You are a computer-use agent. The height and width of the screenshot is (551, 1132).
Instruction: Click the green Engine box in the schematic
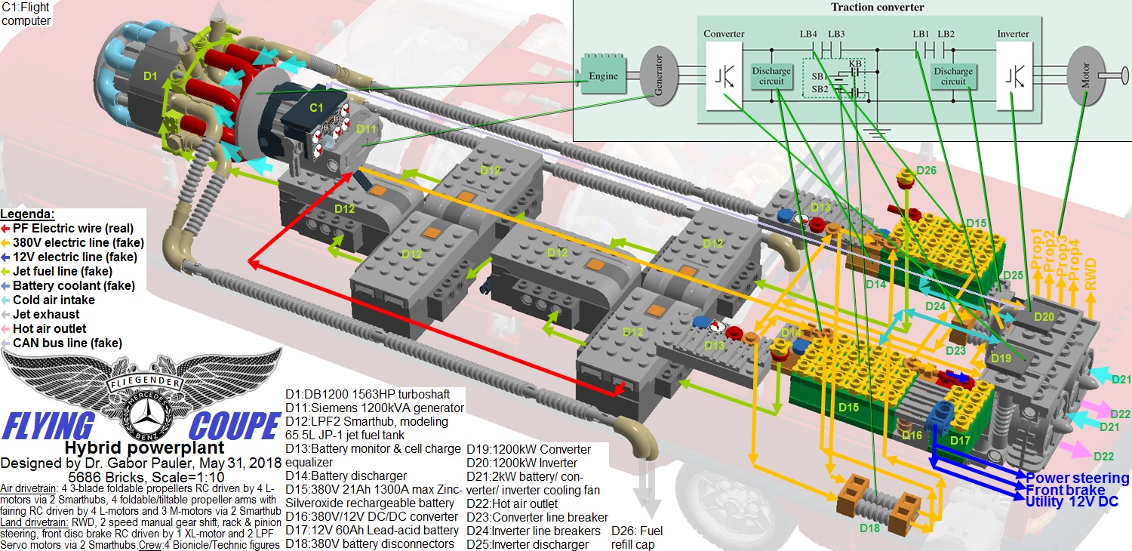[x=603, y=76]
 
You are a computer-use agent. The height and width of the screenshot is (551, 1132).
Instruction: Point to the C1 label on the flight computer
[x=317, y=109]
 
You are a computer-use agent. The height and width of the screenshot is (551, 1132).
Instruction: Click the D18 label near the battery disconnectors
[x=870, y=528]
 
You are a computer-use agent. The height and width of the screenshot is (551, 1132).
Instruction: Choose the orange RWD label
[x=1090, y=269]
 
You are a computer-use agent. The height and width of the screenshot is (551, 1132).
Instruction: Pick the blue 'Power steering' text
[x=1077, y=479]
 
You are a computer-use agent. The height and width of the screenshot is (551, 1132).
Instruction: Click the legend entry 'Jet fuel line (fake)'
[x=63, y=271]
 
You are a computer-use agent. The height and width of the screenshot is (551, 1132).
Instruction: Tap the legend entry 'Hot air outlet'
[x=49, y=328]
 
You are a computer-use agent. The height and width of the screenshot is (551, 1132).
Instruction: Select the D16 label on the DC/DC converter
[x=912, y=436]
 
